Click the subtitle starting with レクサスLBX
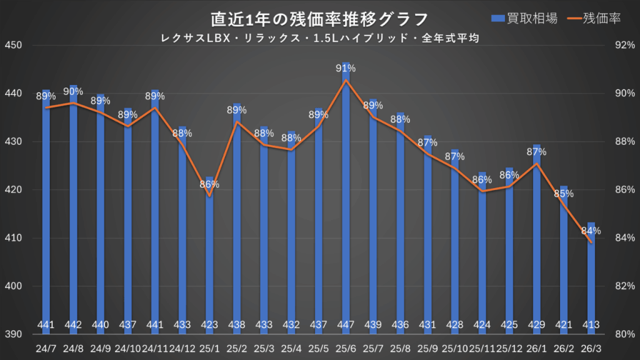pyautogui.click(x=319, y=38)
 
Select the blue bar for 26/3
pyautogui.click(x=591, y=275)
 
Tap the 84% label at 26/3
pyautogui.click(x=591, y=231)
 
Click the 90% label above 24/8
pyautogui.click(x=73, y=91)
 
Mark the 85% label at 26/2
pyautogui.click(x=564, y=194)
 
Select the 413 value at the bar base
pyautogui.click(x=591, y=324)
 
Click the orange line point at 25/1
pyautogui.click(x=209, y=196)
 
